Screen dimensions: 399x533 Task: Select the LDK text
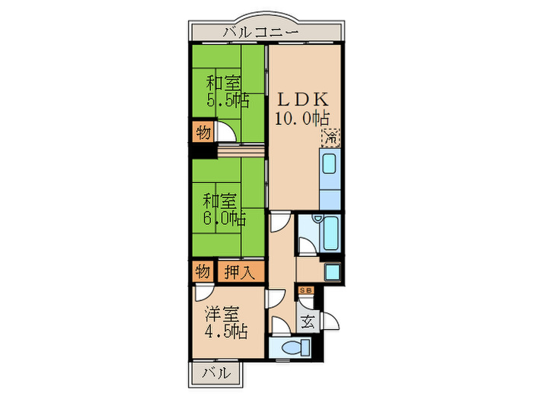pyautogui.click(x=302, y=100)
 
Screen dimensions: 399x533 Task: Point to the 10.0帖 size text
pyautogui.click(x=302, y=119)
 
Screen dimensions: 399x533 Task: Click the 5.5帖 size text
pyautogui.click(x=227, y=100)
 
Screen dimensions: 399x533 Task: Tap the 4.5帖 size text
pyautogui.click(x=225, y=331)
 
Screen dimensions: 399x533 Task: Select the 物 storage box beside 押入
pyautogui.click(x=203, y=271)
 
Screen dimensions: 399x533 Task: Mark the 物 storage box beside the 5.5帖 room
pyautogui.click(x=203, y=132)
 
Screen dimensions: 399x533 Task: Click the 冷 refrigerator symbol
pyautogui.click(x=331, y=138)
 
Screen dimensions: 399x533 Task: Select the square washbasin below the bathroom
pyautogui.click(x=333, y=272)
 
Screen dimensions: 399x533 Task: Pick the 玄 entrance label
pyautogui.click(x=308, y=321)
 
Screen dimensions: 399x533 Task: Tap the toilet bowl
pyautogui.click(x=291, y=348)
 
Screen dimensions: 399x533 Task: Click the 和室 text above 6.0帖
pyautogui.click(x=221, y=201)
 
